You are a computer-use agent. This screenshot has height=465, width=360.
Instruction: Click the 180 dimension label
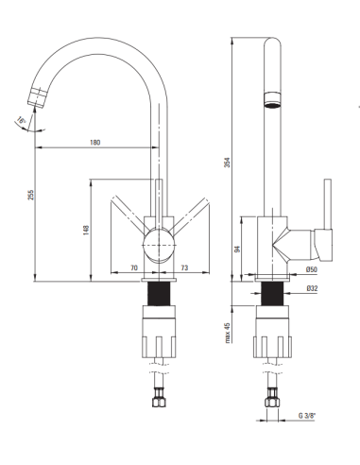(x=94, y=142)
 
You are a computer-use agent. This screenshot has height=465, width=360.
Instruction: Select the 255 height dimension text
(x=30, y=195)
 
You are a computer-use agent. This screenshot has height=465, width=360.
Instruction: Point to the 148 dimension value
(x=86, y=230)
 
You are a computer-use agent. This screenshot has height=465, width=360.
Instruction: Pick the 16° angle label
(x=21, y=119)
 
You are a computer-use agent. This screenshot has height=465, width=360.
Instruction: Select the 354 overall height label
(x=228, y=163)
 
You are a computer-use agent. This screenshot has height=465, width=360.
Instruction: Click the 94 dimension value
(x=238, y=249)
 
